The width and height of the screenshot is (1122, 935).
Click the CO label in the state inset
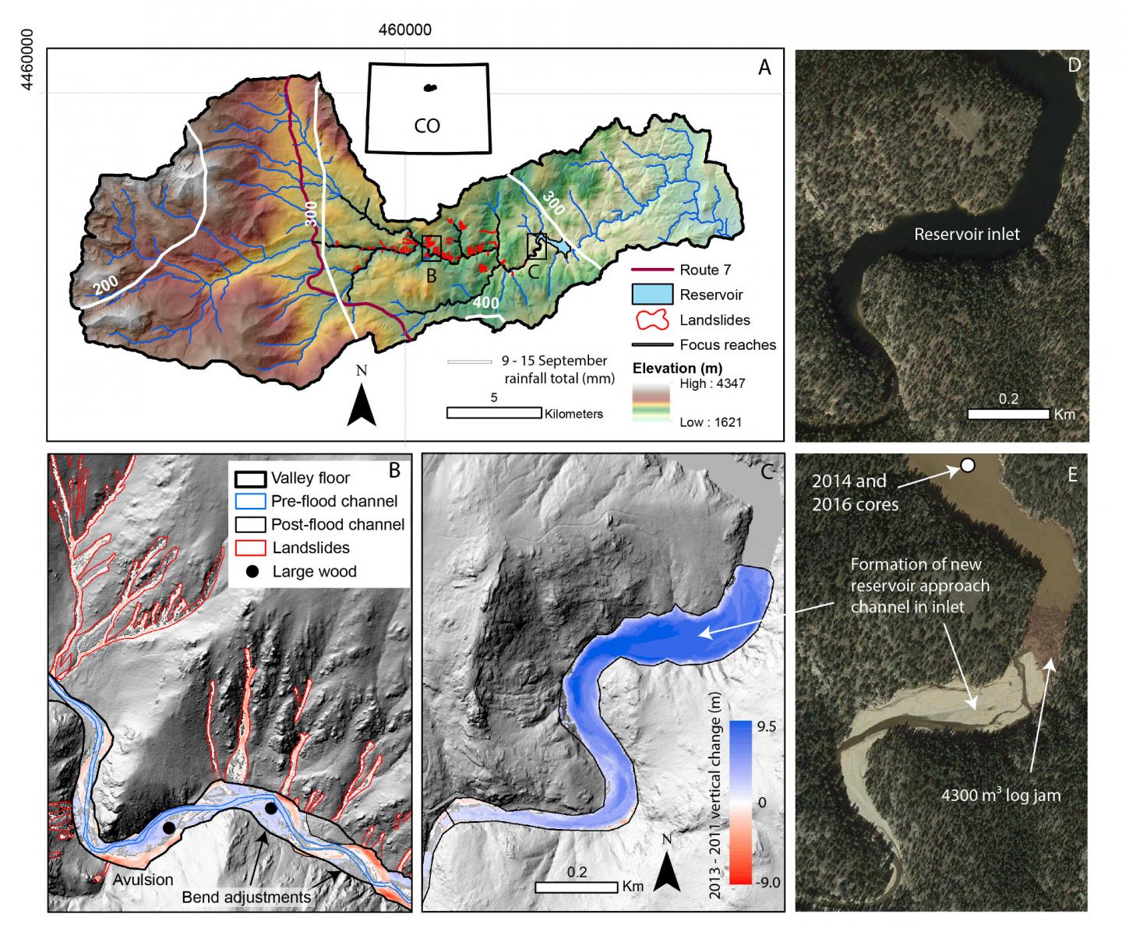click(427, 125)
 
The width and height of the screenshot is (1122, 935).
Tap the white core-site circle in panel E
click(967, 465)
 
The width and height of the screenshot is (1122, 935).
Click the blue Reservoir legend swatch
click(651, 295)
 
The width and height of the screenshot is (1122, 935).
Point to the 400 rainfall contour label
click(485, 302)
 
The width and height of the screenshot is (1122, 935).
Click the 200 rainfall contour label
click(107, 285)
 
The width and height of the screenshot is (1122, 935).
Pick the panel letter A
click(764, 68)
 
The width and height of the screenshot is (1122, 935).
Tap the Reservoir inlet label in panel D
click(966, 234)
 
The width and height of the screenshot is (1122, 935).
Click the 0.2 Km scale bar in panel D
click(1008, 414)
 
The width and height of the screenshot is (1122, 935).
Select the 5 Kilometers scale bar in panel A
click(494, 412)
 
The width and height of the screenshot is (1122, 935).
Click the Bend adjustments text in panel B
click(246, 898)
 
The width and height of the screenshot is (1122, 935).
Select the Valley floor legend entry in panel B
click(310, 478)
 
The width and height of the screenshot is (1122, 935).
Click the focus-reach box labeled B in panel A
click(432, 248)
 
